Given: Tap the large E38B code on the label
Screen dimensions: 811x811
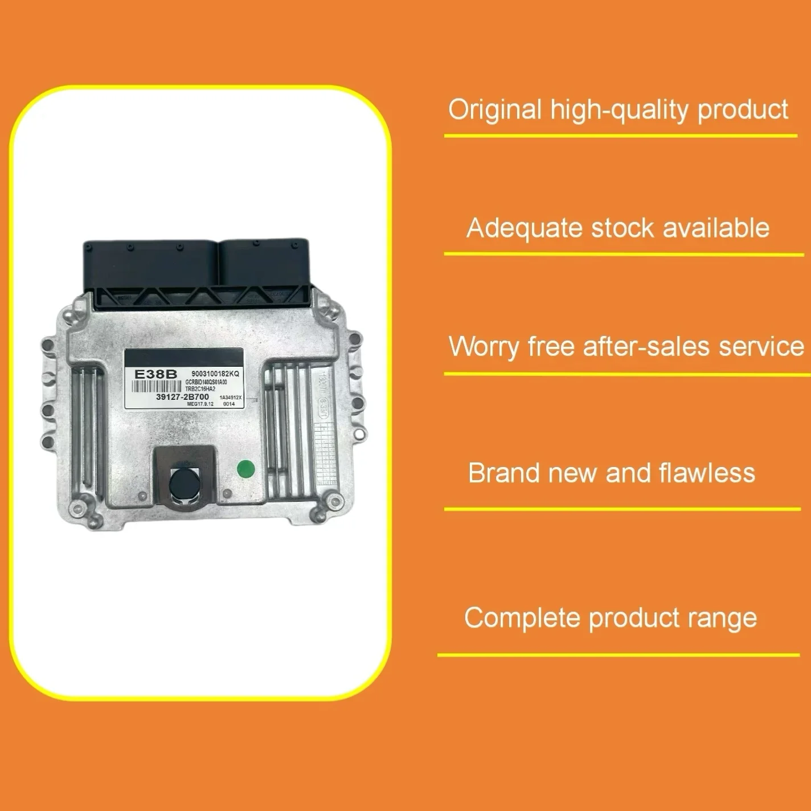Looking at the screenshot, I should coord(155,374).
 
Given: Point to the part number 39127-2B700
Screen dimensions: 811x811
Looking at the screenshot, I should coord(182,396).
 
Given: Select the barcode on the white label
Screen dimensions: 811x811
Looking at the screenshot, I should coord(157,386).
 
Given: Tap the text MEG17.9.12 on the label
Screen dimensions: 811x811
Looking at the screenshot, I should coord(200,404).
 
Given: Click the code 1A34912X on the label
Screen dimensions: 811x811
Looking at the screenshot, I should coord(231,398).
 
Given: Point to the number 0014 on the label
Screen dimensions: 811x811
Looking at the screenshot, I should coord(229,404).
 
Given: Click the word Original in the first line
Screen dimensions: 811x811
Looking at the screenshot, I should coord(494,109).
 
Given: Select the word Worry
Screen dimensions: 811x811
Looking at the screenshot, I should coord(483,347).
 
